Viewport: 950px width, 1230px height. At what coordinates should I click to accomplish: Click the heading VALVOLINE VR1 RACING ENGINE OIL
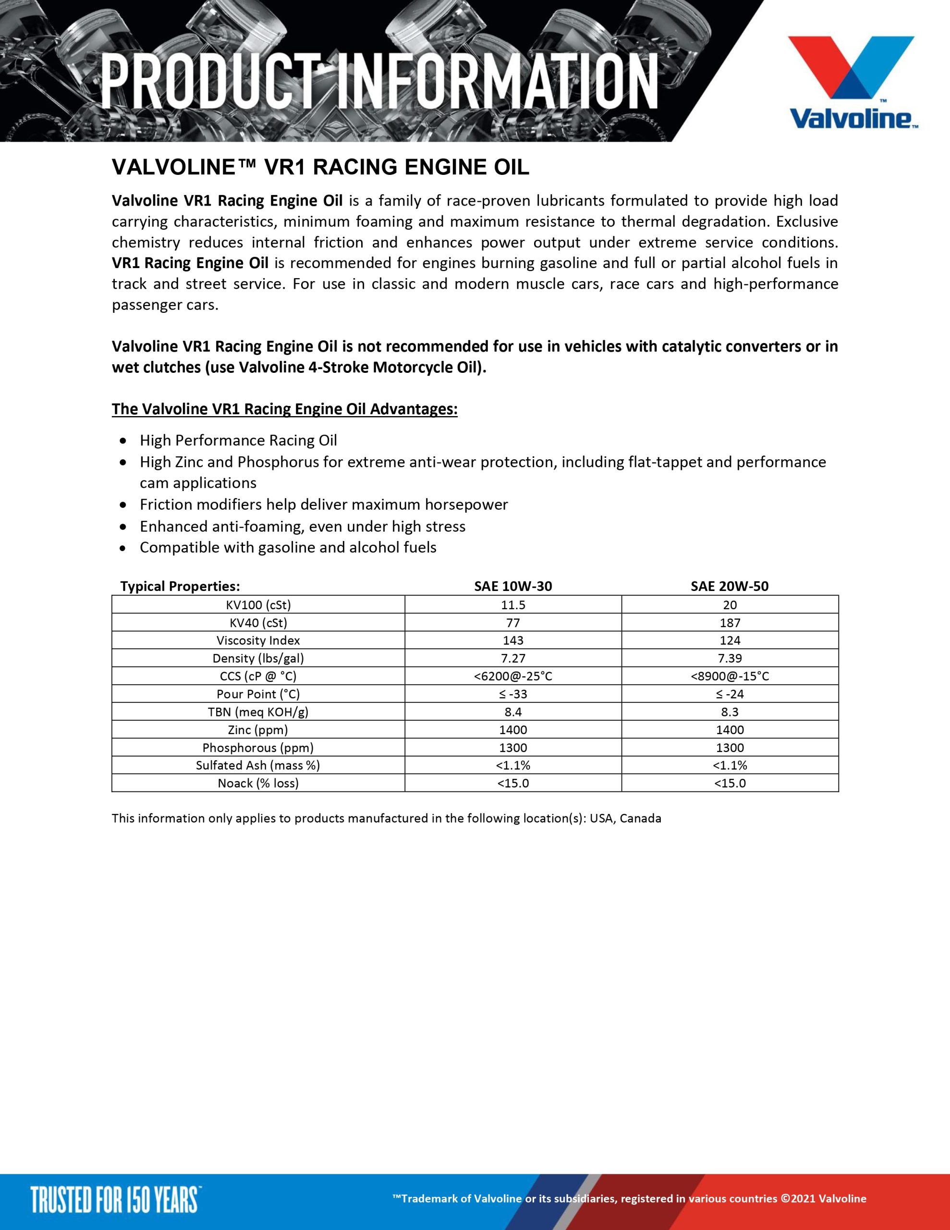coord(320,167)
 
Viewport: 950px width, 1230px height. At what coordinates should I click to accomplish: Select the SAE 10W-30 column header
coord(513,586)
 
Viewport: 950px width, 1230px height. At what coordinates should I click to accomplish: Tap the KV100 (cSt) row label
coord(258,605)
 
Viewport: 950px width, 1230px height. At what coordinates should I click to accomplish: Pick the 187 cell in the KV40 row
coord(730,623)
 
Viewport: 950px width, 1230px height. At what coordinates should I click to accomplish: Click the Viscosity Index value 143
coord(513,640)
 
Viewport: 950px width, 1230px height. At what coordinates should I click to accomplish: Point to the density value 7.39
coord(730,658)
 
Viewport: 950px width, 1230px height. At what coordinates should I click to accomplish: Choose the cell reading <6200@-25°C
coord(513,676)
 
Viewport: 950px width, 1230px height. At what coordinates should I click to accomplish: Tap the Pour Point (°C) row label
coord(258,694)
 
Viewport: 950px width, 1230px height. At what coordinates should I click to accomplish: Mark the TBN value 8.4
coord(513,712)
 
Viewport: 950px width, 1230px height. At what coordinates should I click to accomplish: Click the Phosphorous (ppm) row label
coord(258,748)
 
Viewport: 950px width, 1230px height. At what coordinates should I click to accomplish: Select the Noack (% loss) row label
coord(258,783)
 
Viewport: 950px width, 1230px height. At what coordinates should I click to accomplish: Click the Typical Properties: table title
coord(180,586)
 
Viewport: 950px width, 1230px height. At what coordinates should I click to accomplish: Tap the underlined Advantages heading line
coord(284,409)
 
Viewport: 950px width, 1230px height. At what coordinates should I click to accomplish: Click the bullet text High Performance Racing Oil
coord(238,441)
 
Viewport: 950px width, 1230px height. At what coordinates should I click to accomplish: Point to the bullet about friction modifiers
coord(324,504)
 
